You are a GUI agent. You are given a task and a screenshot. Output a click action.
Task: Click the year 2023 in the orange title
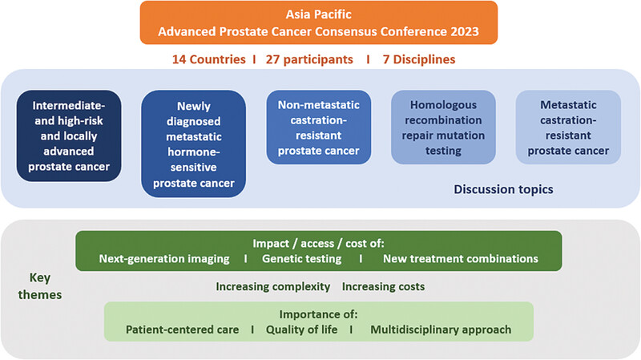465,31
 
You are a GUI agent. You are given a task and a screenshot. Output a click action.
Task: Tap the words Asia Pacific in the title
318,14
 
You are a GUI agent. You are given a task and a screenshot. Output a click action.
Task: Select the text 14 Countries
208,59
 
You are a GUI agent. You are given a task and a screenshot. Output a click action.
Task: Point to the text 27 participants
309,59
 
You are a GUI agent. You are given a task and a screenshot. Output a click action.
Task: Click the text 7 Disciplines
418,59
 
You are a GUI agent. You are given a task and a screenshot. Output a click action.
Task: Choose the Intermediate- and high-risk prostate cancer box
69,136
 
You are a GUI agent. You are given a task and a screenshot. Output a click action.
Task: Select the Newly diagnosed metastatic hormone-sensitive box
193,144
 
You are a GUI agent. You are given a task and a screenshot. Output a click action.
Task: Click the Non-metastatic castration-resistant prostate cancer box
318,127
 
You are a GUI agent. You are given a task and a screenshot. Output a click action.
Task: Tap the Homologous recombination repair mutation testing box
443,127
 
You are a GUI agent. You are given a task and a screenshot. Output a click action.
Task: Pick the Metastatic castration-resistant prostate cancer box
568,127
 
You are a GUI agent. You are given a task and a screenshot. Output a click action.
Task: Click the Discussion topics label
503,189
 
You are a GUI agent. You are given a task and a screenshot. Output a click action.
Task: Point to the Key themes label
39,286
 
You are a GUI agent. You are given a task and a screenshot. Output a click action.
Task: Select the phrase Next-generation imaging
164,258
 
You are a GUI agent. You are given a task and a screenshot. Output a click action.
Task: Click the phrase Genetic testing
302,258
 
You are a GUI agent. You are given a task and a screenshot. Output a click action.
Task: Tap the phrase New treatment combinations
460,258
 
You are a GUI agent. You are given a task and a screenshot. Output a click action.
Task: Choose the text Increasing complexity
273,287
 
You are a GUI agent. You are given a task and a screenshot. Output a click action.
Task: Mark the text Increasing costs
383,287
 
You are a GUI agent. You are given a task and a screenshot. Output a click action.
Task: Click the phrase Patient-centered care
182,330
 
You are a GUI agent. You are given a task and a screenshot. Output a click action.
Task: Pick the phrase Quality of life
302,330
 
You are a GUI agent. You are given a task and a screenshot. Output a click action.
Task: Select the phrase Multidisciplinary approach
441,330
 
